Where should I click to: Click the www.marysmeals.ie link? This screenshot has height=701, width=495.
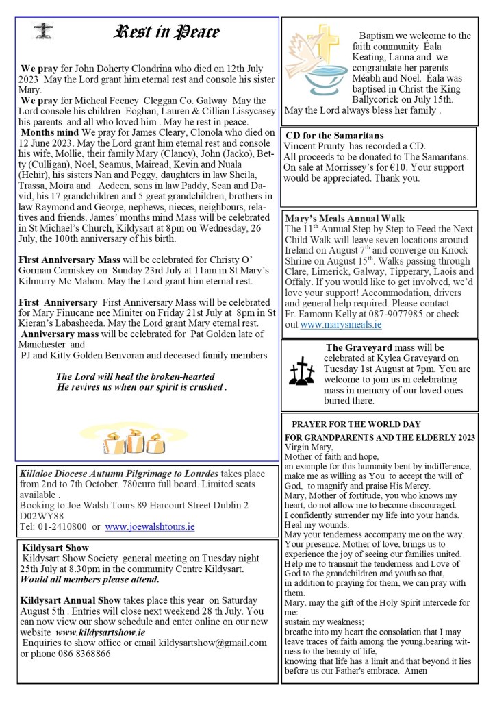pyautogui.click(x=340, y=324)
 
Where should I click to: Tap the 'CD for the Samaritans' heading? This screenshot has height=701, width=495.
pyautogui.click(x=334, y=136)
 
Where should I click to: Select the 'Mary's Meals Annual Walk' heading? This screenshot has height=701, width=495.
pyautogui.click(x=344, y=219)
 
